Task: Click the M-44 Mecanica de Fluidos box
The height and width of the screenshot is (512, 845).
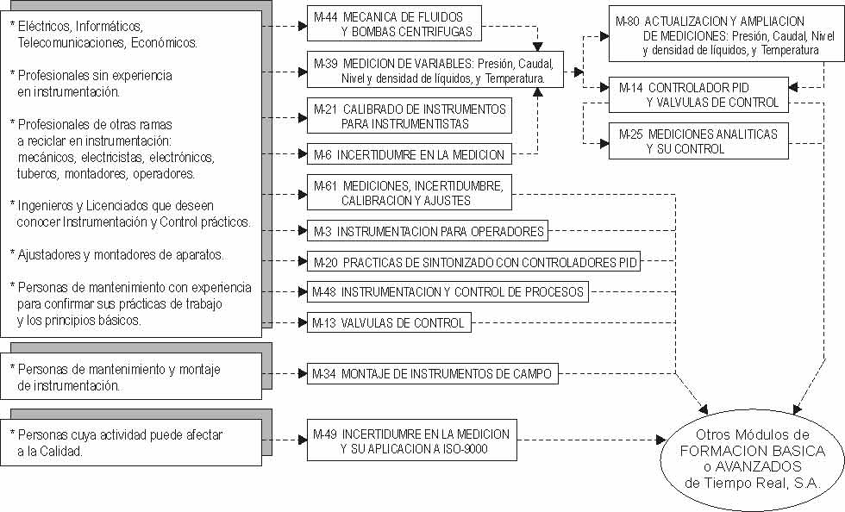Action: click(x=394, y=24)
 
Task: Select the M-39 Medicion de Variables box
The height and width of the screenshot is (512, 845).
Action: click(x=435, y=70)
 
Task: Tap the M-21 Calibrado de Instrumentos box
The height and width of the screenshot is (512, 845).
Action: click(x=410, y=116)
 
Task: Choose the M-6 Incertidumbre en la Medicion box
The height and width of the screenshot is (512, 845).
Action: click(x=410, y=154)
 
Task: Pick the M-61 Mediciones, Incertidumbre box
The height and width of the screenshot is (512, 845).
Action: click(x=410, y=192)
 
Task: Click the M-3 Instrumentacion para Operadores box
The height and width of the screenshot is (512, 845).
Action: click(x=428, y=231)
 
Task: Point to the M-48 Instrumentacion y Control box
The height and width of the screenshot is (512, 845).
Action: click(x=448, y=291)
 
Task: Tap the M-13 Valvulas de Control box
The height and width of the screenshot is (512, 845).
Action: click(x=389, y=322)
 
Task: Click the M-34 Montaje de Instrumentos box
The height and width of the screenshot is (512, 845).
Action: click(x=433, y=373)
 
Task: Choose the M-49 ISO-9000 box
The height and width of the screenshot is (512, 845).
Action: click(x=412, y=440)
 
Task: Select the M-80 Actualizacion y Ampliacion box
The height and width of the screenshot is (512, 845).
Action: click(x=723, y=34)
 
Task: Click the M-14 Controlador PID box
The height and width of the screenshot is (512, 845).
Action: click(x=699, y=95)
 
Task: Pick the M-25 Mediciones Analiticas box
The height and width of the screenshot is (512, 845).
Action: click(x=699, y=141)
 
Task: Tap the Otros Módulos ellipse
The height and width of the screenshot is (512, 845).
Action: click(x=752, y=459)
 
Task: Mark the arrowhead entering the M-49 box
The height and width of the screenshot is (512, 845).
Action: click(x=303, y=440)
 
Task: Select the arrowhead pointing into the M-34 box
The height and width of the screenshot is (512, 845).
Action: click(x=303, y=373)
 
